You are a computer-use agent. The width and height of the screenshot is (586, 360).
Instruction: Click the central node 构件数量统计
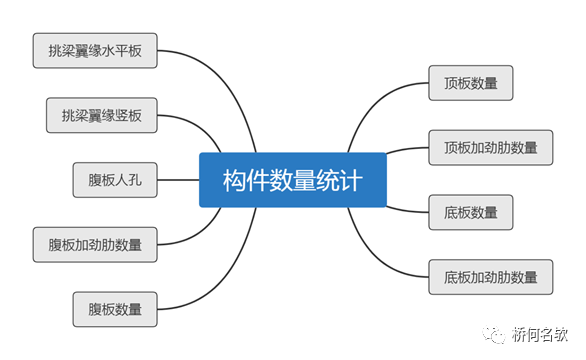coord(292,180)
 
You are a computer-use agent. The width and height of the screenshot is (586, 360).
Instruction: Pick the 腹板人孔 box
coord(115,180)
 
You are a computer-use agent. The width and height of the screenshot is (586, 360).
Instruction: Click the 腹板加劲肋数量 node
coord(95,244)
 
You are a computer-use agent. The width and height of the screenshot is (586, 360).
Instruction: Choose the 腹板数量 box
coord(115,309)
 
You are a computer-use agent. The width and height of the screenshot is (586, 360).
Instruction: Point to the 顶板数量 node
coord(470,83)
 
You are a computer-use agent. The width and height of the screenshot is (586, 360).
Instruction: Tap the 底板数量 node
coord(470,211)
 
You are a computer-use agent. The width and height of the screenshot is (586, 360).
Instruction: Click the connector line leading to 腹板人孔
coord(178,180)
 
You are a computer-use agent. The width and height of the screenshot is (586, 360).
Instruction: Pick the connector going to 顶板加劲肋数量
coord(405,150)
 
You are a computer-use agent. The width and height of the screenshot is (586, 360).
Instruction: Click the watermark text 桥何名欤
coord(540,331)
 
